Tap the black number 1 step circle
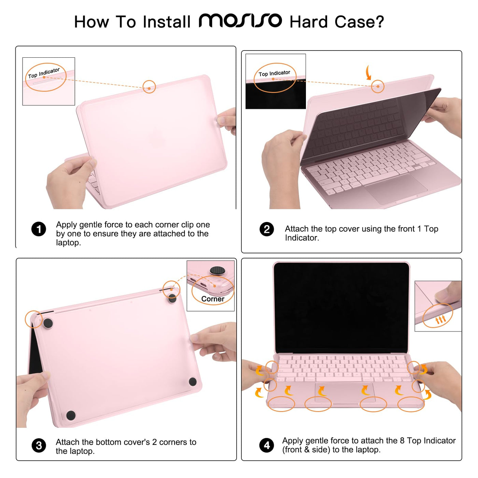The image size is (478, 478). [39, 229]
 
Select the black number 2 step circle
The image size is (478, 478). [267, 229]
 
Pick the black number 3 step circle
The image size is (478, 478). [39, 446]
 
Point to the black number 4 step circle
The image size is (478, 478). [267, 446]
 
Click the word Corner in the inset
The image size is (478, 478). [213, 299]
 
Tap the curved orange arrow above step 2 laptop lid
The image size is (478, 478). [368, 72]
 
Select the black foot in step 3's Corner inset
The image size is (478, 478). [216, 270]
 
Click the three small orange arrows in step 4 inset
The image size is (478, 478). [440, 320]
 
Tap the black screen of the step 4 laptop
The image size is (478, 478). [341, 308]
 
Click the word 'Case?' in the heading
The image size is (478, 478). [359, 22]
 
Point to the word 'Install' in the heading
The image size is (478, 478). [167, 22]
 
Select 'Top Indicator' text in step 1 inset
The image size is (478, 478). [44, 73]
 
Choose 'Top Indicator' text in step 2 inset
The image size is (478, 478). [274, 73]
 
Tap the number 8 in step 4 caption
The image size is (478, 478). [402, 440]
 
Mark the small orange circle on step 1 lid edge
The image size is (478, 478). [149, 87]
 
